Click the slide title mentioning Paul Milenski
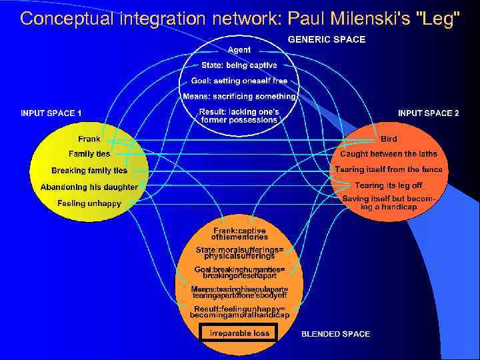coord(240,18)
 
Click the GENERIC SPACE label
coord(326,39)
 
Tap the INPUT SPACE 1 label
coord(51,113)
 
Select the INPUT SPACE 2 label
coord(428,113)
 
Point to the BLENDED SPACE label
coord(335,333)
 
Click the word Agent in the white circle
coord(239,50)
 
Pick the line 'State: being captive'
coord(239,65)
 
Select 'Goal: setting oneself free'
coord(239,81)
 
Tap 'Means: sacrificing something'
coord(239,96)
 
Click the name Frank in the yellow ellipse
coord(89,139)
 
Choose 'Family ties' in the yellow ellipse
coord(89,154)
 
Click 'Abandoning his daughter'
coord(89,187)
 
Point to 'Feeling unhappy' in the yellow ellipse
coord(89,203)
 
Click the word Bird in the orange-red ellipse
coord(389,139)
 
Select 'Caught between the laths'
coord(389,154)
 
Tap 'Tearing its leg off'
coord(389,186)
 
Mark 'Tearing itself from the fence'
coord(389,169)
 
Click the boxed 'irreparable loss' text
coord(239,333)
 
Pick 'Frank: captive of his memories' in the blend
coord(239,233)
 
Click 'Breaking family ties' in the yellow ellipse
coord(89,171)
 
